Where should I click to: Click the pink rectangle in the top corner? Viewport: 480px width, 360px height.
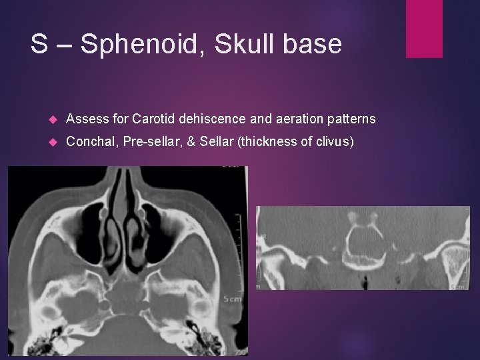point(425,29)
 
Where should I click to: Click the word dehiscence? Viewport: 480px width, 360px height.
point(215,119)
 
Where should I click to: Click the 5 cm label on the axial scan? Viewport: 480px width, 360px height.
point(232,298)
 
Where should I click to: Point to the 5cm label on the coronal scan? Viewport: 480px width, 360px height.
point(459,287)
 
